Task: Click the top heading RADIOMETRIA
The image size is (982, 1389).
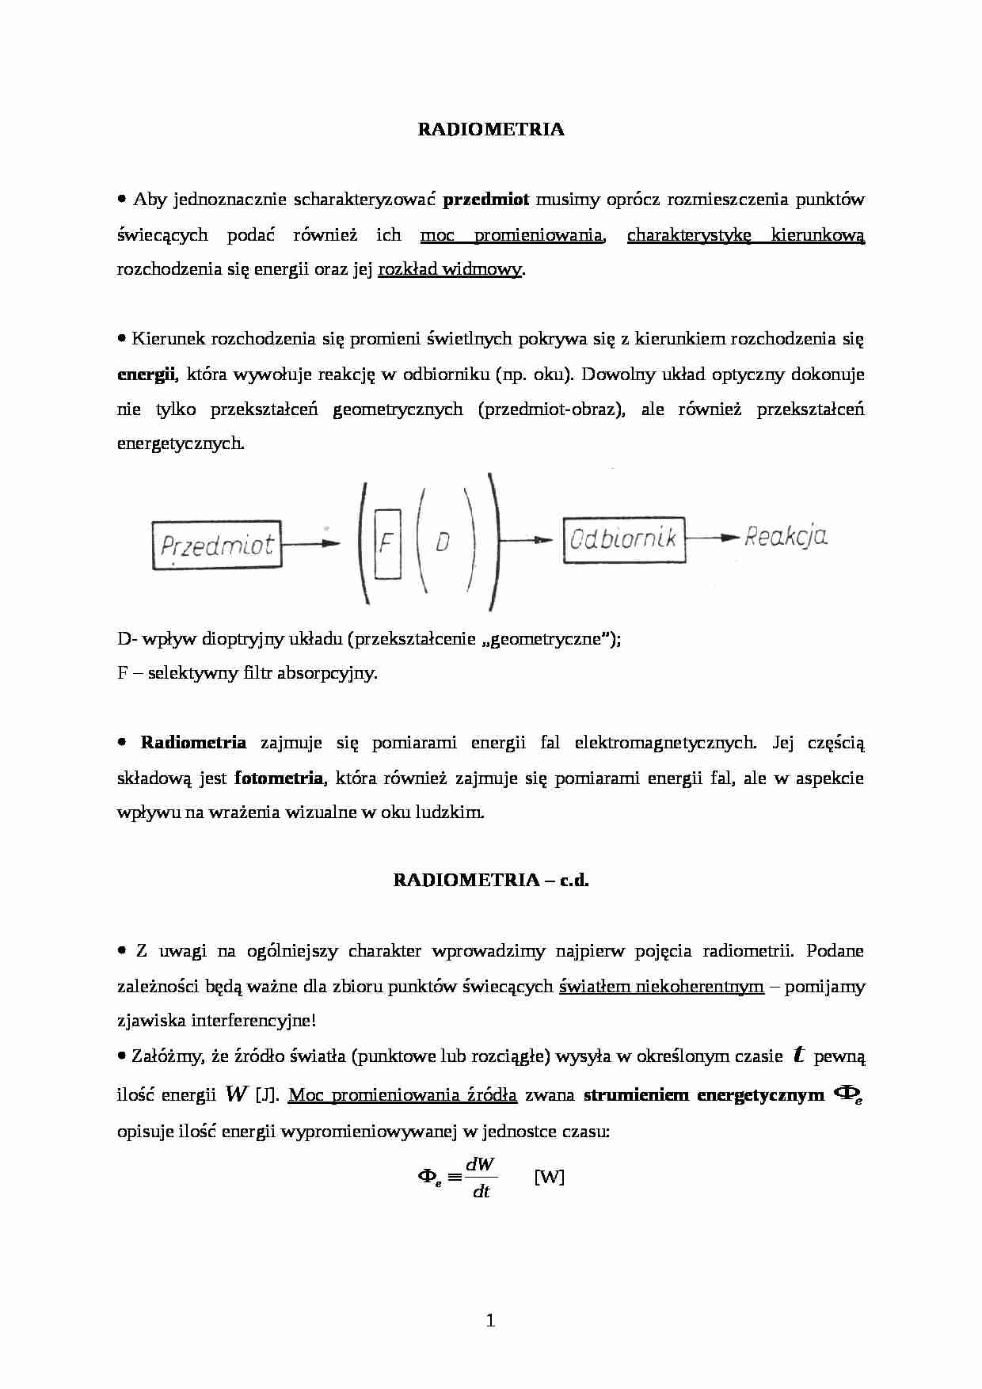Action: [x=490, y=130]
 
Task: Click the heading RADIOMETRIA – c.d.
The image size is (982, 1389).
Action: [x=491, y=880]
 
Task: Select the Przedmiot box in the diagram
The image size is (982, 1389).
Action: [x=216, y=545]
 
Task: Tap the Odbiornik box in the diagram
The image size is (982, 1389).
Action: [x=623, y=540]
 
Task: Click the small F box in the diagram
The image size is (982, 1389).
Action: [x=387, y=543]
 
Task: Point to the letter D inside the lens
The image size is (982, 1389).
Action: [x=443, y=542]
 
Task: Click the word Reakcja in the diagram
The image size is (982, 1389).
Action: [x=786, y=537]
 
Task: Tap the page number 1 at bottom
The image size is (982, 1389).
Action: [x=490, y=1320]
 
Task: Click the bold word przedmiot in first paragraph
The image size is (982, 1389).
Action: [x=485, y=200]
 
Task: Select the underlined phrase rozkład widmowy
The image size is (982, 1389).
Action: [x=450, y=269]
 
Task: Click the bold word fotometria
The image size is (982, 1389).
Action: [x=279, y=778]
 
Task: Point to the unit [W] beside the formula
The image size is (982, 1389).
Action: [x=549, y=1177]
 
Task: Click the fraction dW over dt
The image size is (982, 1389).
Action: [x=481, y=1177]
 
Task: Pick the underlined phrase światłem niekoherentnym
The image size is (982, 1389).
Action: [x=661, y=987]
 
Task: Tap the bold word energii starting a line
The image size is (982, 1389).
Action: [x=146, y=375]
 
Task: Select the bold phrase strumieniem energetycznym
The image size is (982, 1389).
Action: [x=703, y=1096]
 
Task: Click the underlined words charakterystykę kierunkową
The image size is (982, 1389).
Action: [x=745, y=235]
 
